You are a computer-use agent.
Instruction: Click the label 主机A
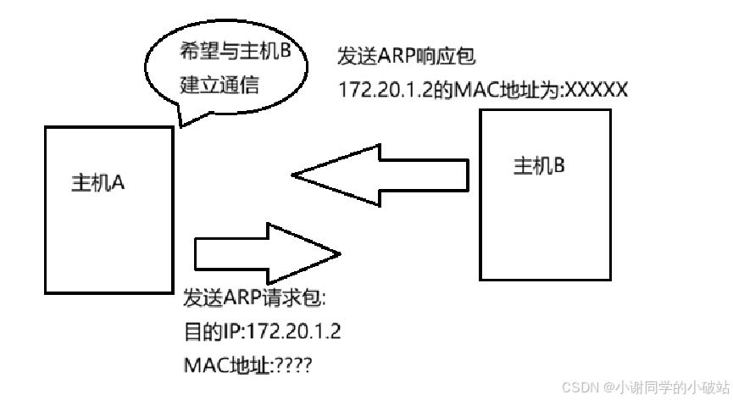coord(97,182)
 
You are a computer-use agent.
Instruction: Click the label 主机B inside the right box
coord(539,165)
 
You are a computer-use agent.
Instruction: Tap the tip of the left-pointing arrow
coord(292,175)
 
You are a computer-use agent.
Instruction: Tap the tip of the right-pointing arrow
coord(340,253)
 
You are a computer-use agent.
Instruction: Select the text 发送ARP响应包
coord(406,56)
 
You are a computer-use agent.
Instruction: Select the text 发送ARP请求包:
coord(254,297)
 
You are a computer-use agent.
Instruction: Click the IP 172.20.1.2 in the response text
coord(386,89)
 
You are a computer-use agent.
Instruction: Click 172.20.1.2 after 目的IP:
coord(293,331)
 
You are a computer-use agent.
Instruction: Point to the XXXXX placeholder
coord(596,89)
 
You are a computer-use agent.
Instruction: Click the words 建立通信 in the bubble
coord(219,85)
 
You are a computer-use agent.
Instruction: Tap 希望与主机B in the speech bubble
coord(235,51)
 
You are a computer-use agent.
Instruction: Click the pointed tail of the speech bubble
coord(181,125)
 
